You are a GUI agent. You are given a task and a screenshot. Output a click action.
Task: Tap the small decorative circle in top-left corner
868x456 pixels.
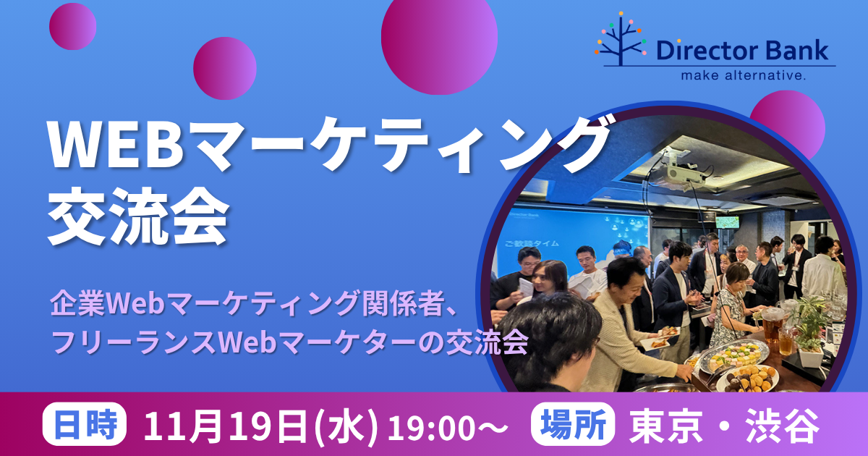click(x=73, y=27)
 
